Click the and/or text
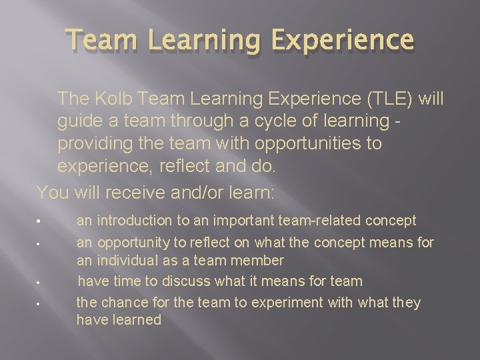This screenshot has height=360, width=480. [209, 193]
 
